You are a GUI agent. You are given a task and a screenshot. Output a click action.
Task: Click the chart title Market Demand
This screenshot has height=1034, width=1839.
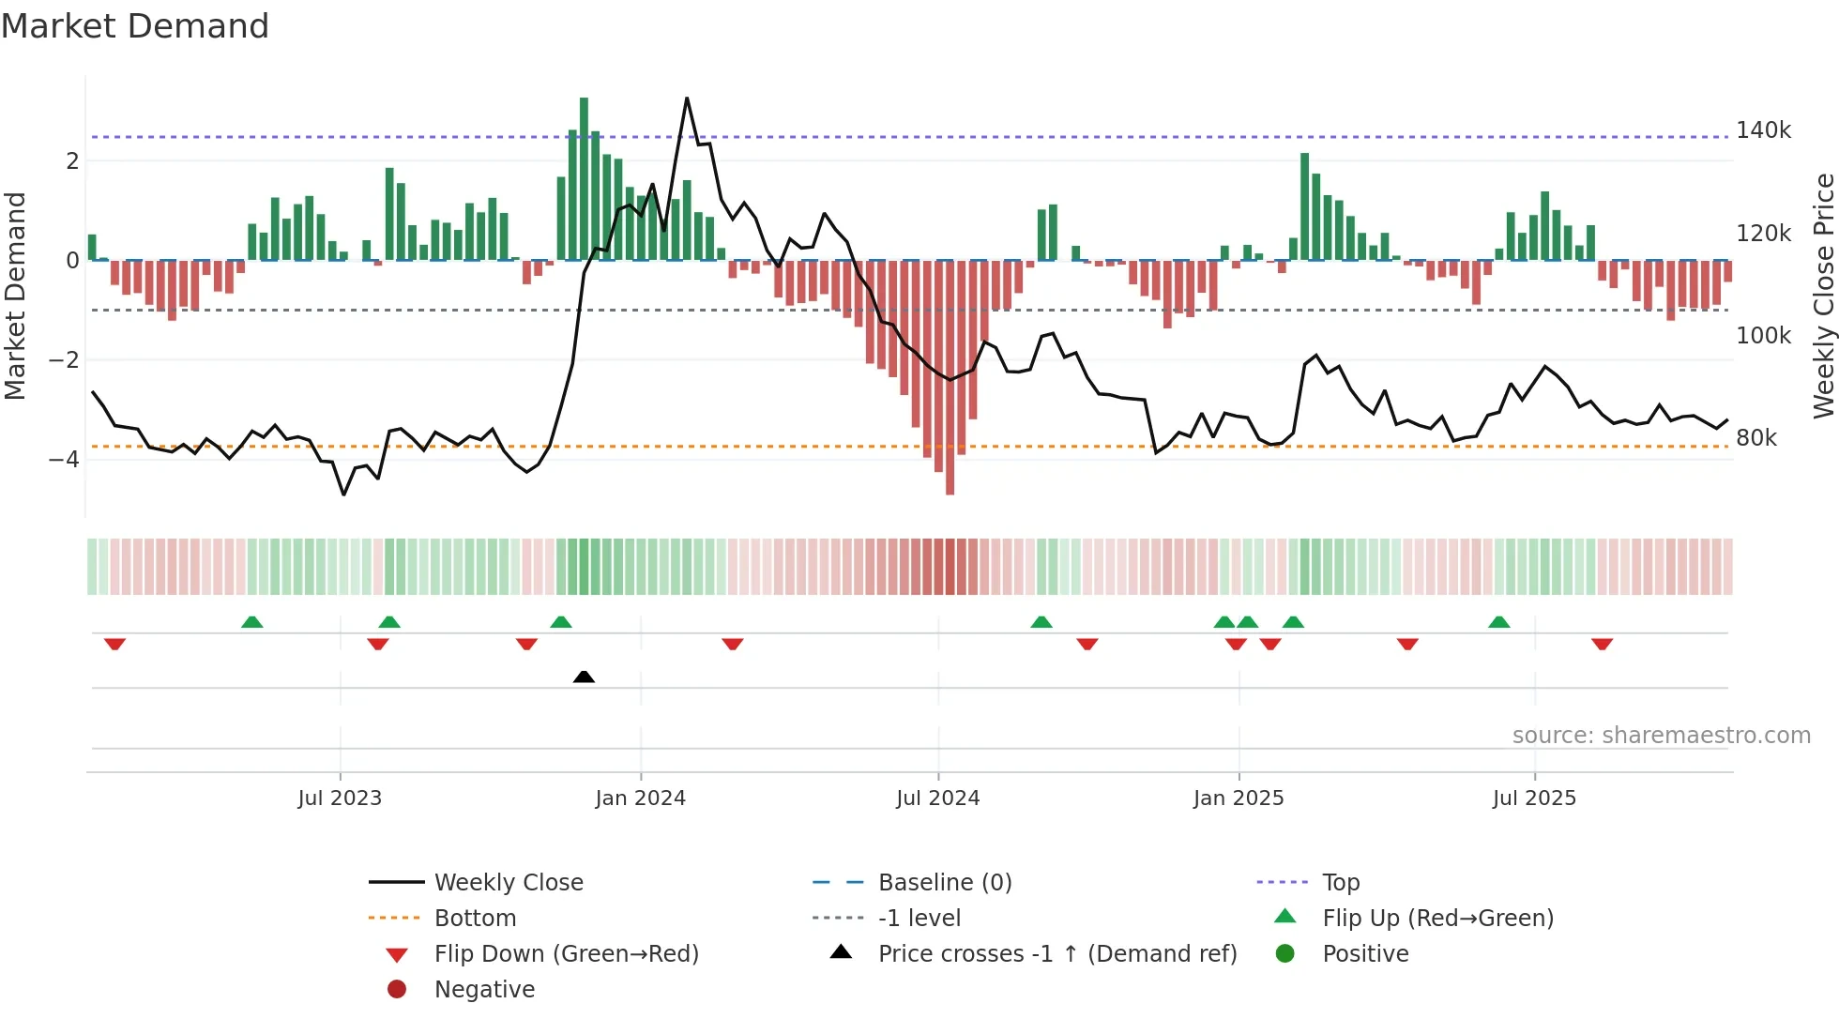coord(135,26)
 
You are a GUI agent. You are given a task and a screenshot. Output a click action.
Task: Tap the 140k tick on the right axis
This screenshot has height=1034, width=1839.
coord(1763,130)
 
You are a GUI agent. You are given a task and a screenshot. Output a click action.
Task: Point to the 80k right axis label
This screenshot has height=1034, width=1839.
coord(1755,438)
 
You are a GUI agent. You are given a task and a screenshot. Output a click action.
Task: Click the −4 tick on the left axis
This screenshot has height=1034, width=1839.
coord(64,460)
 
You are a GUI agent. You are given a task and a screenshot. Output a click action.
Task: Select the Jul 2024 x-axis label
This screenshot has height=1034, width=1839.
coord(937,798)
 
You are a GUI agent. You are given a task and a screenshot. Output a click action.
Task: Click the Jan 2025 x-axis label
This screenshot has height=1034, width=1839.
coord(1238,798)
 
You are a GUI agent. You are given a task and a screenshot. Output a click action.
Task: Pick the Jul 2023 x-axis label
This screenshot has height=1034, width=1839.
coord(340,798)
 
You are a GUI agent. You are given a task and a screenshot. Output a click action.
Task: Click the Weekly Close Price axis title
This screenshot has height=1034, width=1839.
coord(1823,296)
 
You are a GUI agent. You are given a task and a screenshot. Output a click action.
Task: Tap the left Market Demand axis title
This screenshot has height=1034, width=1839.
coord(16,296)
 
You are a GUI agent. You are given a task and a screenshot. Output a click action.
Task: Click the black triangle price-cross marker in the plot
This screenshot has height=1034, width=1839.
coord(584,677)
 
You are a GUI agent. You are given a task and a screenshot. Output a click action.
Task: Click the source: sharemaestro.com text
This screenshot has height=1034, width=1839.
coord(1661,736)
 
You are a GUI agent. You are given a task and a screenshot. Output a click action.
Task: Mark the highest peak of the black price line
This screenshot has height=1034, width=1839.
coord(687,99)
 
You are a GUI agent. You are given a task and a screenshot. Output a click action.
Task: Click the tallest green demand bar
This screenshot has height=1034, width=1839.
coord(584,178)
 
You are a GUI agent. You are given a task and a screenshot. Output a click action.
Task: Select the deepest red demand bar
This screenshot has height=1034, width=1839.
coord(950,375)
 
